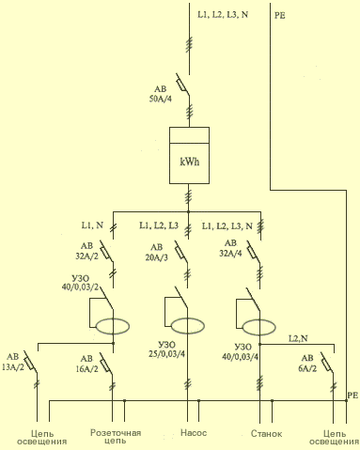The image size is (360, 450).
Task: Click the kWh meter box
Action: (x=189, y=155)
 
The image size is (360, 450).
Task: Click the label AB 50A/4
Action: (x=161, y=94)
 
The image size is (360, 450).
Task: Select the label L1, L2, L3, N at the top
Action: (x=223, y=15)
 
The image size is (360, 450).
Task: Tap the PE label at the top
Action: (x=280, y=16)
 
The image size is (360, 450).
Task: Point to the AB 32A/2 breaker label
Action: (x=86, y=251)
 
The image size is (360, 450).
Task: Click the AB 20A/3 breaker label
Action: (x=157, y=253)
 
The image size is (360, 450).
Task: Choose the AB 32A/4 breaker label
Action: (x=230, y=248)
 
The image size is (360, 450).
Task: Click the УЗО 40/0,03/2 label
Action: (x=80, y=283)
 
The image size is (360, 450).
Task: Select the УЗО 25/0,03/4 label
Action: (x=166, y=349)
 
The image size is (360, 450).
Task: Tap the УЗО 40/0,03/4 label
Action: (x=241, y=351)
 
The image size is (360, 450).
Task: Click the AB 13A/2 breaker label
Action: (x=13, y=362)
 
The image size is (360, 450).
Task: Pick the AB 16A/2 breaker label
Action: (x=86, y=364)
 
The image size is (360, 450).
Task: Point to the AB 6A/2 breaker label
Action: (x=307, y=364)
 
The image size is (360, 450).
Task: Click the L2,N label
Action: (x=298, y=338)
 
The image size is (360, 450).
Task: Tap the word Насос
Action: (x=194, y=433)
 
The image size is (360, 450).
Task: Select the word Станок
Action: (x=266, y=434)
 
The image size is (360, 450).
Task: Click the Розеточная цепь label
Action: (x=116, y=437)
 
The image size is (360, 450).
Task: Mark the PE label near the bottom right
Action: (x=352, y=396)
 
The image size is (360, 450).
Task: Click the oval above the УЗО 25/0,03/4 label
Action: (x=188, y=326)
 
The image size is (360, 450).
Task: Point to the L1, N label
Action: (x=92, y=225)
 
